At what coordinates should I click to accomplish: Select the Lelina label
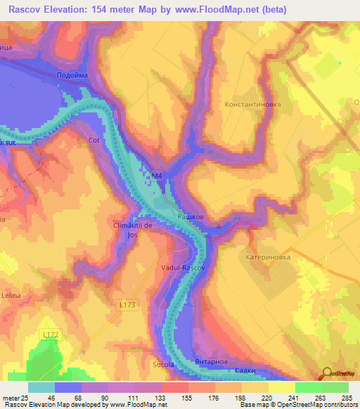pyautogui.click(x=12, y=297)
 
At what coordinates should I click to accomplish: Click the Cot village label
pyautogui.click(x=94, y=140)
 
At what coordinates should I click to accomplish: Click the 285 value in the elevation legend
pyautogui.click(x=345, y=398)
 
